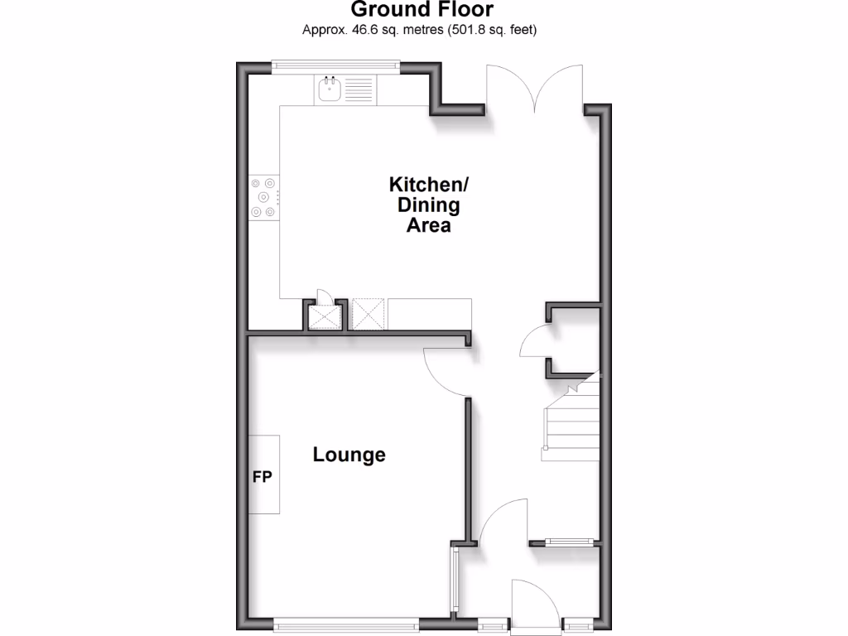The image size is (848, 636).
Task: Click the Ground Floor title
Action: point(422,10)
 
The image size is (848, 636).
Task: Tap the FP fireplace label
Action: point(262,477)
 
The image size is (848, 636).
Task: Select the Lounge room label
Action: point(349,455)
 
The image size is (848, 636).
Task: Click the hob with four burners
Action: point(264,197)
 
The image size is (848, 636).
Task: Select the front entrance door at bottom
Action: point(536,607)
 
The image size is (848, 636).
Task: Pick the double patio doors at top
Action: point(537,90)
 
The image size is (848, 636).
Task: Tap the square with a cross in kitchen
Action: point(369,314)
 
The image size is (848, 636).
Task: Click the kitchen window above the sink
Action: point(337,65)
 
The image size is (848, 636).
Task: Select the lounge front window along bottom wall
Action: point(346,623)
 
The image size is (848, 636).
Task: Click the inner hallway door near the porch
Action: point(503,523)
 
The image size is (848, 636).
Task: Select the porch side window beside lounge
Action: point(455,579)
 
